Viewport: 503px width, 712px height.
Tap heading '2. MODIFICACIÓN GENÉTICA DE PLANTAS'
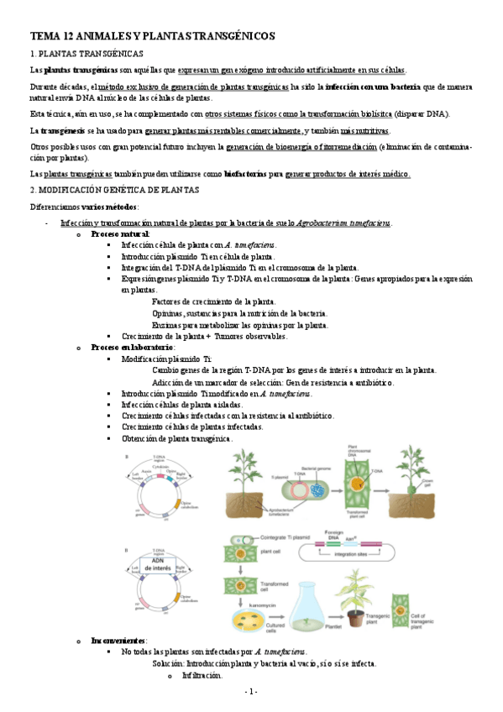pyautogui.click(x=114, y=191)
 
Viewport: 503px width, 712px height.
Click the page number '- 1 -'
pyautogui.click(x=251, y=691)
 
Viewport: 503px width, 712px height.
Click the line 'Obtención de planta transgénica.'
pyautogui.click(x=177, y=438)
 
